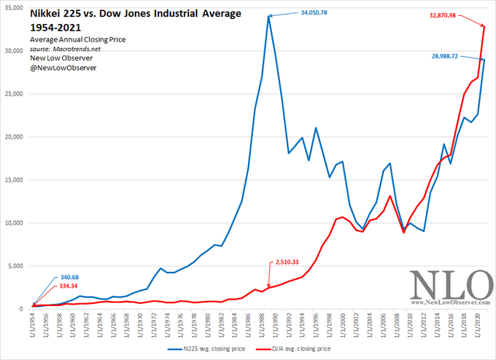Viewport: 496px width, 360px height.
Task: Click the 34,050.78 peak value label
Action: point(314,12)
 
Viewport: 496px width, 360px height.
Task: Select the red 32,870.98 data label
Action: point(443,15)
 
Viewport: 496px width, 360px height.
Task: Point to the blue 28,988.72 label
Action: point(445,56)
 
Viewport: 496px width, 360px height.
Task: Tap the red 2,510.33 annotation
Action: point(287,262)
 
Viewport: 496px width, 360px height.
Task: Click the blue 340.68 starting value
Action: point(69,277)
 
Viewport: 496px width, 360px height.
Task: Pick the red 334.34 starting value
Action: point(69,286)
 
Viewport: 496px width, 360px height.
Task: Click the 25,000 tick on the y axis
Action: point(14,94)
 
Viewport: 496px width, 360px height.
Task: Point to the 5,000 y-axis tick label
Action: point(15,266)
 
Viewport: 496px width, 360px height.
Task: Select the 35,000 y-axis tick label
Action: point(14,7)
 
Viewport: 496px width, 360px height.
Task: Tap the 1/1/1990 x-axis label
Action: point(274,326)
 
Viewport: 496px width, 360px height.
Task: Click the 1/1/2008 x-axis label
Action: point(396,326)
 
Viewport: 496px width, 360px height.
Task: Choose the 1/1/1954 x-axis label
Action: point(32,326)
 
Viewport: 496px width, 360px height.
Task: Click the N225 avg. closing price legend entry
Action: point(206,349)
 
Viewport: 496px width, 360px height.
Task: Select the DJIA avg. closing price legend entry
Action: point(293,349)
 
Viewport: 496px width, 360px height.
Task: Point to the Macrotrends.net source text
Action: point(77,49)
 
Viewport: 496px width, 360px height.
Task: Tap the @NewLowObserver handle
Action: point(63,68)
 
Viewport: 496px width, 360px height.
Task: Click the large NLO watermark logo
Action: point(451,284)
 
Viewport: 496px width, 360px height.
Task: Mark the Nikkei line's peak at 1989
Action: point(268,16)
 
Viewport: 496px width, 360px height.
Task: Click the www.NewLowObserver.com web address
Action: point(451,302)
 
